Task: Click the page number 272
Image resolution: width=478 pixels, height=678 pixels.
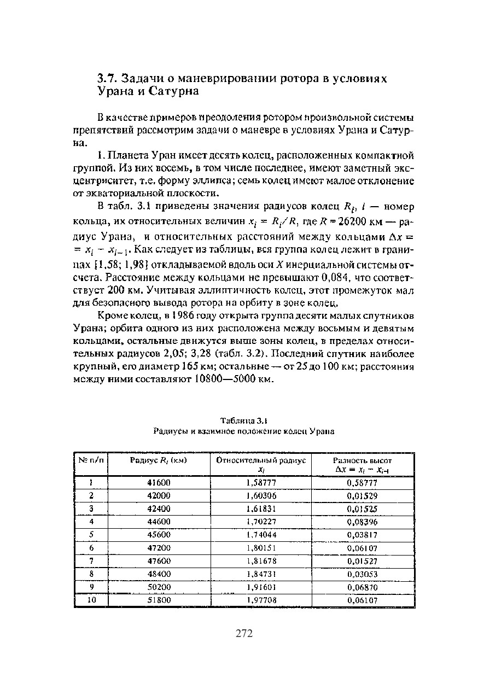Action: click(244, 634)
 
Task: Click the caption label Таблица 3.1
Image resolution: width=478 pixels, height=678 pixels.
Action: click(243, 420)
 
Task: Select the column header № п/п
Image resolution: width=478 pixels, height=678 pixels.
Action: click(91, 460)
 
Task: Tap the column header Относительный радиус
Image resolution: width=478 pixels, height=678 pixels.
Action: click(261, 460)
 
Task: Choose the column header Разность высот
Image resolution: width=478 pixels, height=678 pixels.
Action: click(363, 460)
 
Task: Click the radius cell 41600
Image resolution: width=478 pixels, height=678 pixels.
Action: click(159, 483)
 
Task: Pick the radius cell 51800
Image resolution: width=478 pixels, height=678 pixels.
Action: click(159, 600)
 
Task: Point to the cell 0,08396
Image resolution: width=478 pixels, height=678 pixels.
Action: click(363, 522)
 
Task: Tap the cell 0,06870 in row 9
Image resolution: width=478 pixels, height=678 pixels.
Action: click(363, 587)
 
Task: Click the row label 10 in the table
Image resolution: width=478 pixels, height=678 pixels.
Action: click(91, 600)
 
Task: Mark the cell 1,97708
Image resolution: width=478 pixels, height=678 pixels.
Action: click(261, 600)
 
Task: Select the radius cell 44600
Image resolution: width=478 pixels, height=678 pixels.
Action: click(159, 522)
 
